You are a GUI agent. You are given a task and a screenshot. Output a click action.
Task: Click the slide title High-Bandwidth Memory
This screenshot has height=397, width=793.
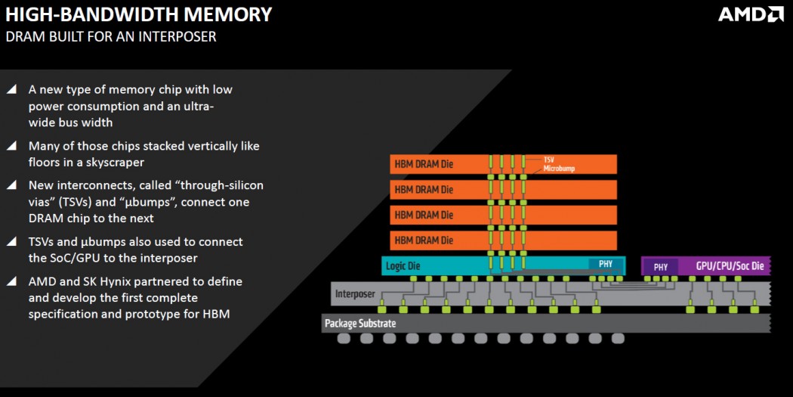[139, 14]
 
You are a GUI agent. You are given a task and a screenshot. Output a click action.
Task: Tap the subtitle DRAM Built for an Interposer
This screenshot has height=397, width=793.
[111, 36]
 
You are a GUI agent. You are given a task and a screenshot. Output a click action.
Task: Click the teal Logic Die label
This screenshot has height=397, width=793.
[404, 265]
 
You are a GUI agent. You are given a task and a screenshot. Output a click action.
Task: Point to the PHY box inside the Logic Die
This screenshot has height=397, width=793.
[606, 265]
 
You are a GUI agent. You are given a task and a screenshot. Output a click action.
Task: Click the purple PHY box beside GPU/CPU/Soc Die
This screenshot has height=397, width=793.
[661, 266]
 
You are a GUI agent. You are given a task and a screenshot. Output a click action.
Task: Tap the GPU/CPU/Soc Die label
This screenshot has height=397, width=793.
[730, 266]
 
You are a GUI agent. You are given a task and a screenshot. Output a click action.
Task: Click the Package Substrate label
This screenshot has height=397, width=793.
[360, 324]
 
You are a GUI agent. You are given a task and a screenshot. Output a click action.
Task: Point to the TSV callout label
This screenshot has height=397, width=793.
[550, 160]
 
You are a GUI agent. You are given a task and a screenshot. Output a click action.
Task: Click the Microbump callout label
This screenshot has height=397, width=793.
[559, 169]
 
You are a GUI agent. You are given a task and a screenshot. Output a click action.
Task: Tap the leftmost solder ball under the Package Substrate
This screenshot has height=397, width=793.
[344, 339]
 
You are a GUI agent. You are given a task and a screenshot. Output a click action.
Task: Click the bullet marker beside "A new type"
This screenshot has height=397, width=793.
[11, 89]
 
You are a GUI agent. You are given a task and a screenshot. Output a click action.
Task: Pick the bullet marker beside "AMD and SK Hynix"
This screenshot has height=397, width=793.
[11, 281]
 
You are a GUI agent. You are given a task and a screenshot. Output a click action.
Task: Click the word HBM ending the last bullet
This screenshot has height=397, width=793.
[215, 313]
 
